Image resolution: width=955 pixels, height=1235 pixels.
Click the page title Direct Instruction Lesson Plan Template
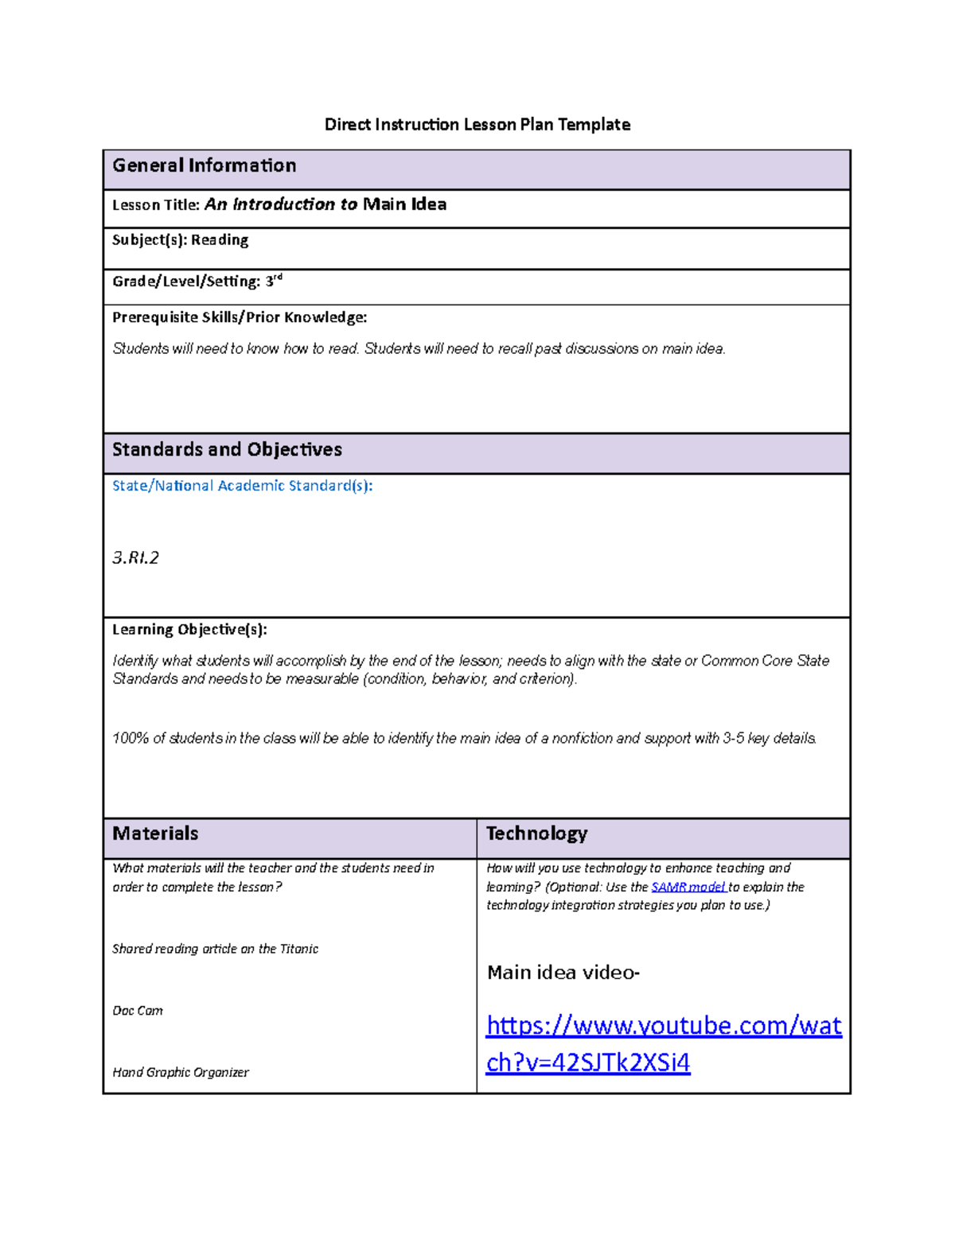pyautogui.click(x=477, y=124)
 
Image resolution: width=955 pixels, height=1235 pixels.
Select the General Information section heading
pyautogui.click(x=204, y=165)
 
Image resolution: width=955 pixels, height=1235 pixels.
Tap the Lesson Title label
pyautogui.click(x=155, y=205)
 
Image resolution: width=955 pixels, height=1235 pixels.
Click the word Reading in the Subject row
pyautogui.click(x=220, y=240)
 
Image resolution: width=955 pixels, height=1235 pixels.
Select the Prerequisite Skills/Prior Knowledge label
pyautogui.click(x=239, y=317)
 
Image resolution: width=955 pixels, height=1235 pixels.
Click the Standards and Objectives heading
pyautogui.click(x=227, y=449)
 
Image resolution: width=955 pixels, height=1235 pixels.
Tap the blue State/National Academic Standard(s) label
pyautogui.click(x=242, y=486)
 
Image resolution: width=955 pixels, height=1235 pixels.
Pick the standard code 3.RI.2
pyautogui.click(x=135, y=557)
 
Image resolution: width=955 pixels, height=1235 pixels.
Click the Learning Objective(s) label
pyautogui.click(x=189, y=630)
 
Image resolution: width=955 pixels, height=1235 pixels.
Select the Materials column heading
pyautogui.click(x=155, y=833)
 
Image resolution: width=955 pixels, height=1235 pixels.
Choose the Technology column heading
pyautogui.click(x=536, y=833)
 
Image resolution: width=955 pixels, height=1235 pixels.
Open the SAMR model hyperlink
pyautogui.click(x=688, y=887)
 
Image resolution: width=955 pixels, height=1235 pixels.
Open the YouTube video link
pyautogui.click(x=663, y=1026)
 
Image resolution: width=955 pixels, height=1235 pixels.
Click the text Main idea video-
pyautogui.click(x=563, y=973)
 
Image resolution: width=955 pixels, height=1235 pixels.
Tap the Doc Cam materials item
pyautogui.click(x=138, y=1011)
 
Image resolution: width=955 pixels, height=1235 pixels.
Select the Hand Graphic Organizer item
pyautogui.click(x=181, y=1073)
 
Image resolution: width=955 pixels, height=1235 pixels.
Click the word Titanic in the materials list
pyautogui.click(x=299, y=949)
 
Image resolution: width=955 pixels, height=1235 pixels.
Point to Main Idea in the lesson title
pyautogui.click(x=404, y=204)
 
